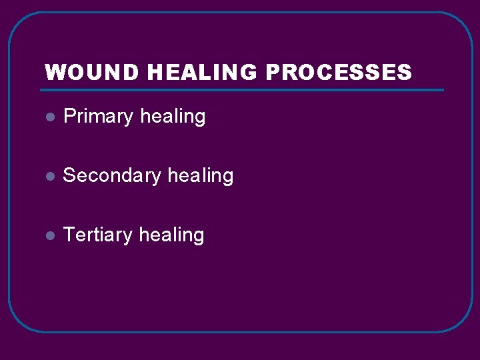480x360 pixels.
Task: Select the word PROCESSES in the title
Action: pyautogui.click(x=339, y=73)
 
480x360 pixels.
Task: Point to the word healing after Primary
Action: pyautogui.click(x=173, y=117)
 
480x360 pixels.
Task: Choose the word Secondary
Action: pyautogui.click(x=112, y=176)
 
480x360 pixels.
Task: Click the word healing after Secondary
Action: pyautogui.click(x=201, y=176)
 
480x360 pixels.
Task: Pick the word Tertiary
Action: pyautogui.click(x=98, y=235)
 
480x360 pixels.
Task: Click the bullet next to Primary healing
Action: pyautogui.click(x=49, y=117)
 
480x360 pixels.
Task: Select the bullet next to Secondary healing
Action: pyautogui.click(x=49, y=177)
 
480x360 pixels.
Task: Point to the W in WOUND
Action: pyautogui.click(x=53, y=73)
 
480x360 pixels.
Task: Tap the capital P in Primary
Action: pyautogui.click(x=69, y=117)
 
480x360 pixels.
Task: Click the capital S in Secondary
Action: pyautogui.click(x=69, y=176)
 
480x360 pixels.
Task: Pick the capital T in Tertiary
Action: pyautogui.click(x=69, y=235)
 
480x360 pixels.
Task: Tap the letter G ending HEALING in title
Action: pyautogui.click(x=247, y=73)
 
